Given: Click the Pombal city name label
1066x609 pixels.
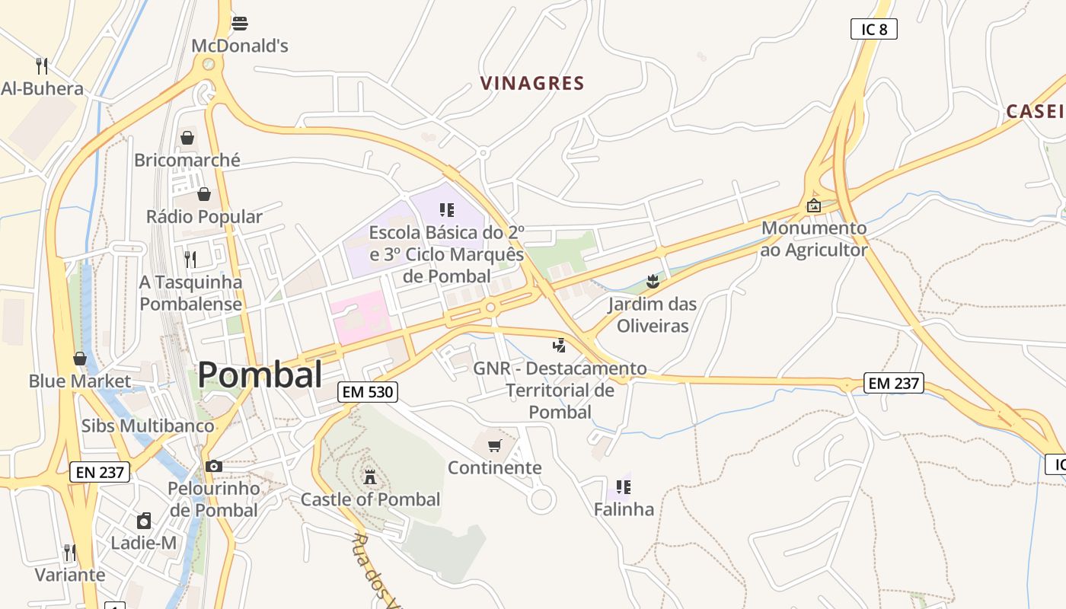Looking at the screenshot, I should tap(260, 375).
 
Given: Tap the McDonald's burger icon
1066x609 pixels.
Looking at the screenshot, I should tap(240, 23).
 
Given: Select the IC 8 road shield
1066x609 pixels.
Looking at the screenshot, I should tap(873, 30).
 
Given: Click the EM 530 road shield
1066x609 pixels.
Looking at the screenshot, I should tap(368, 392).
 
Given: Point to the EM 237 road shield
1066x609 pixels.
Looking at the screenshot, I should tap(894, 383).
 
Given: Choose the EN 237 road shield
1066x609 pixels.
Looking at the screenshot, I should tap(100, 472).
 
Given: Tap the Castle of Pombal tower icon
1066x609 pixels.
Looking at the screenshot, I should tap(370, 477).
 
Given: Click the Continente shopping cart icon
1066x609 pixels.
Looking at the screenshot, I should tap(495, 445).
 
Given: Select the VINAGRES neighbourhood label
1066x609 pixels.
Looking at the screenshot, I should tap(532, 83).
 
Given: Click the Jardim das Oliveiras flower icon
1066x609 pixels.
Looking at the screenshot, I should tap(652, 282).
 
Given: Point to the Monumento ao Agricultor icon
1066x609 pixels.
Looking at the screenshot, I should tap(813, 206).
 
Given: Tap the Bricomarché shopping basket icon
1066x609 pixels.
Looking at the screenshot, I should tap(187, 138).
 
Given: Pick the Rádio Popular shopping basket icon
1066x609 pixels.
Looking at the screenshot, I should tap(203, 194).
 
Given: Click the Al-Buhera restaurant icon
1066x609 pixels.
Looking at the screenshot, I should tap(42, 65).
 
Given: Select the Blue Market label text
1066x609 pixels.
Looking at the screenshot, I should tap(80, 381).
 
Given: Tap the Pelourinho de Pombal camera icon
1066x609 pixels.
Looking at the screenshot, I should tap(214, 466).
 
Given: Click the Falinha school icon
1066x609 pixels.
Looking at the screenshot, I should tap(623, 486).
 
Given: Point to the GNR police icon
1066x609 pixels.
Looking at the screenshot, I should tap(560, 346).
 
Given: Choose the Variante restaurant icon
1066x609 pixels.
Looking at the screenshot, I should tap(69, 552).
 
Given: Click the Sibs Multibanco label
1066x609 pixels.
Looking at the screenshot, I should tap(148, 425).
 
